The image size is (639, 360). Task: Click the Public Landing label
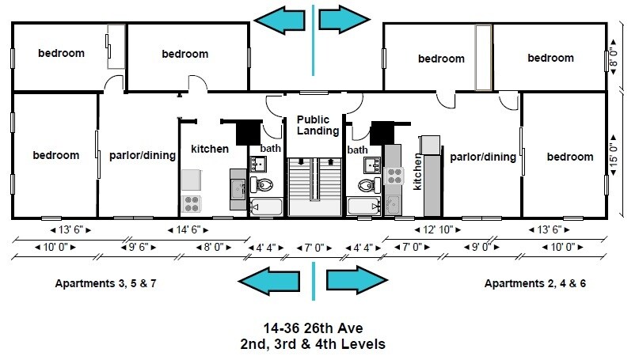pyautogui.click(x=318, y=125)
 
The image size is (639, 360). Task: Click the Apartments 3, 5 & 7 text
pyautogui.click(x=105, y=283)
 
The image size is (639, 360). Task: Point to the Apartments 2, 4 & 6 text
pyautogui.click(x=534, y=283)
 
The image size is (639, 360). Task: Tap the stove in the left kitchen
pyautogui.click(x=191, y=204)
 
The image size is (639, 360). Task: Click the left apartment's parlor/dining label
pyautogui.click(x=143, y=156)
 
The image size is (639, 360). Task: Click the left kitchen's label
pyautogui.click(x=210, y=149)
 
